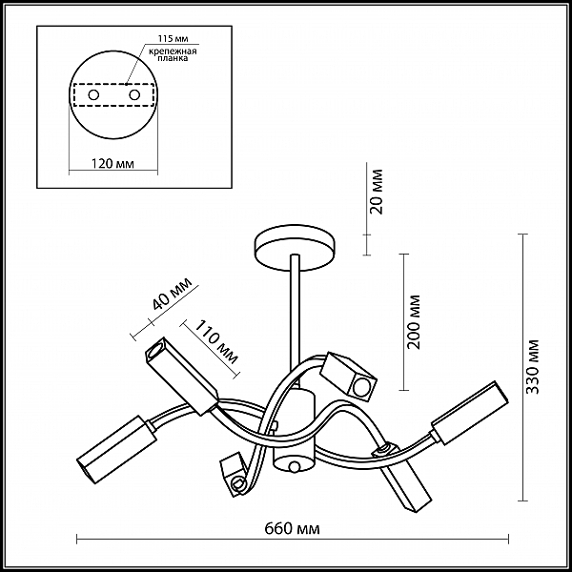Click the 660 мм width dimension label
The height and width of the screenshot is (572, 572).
[x=292, y=528]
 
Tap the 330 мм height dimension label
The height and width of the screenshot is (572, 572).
[x=533, y=367]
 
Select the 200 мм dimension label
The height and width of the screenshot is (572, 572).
[x=415, y=322]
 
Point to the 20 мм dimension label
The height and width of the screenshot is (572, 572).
[x=378, y=192]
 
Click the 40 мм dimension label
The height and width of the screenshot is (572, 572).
[x=172, y=293]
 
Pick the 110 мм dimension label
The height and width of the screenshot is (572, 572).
[x=216, y=342]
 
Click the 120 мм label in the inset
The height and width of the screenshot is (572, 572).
[x=112, y=163]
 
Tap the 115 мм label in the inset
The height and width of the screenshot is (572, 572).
[x=173, y=38]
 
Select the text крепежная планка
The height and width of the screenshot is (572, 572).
[x=173, y=54]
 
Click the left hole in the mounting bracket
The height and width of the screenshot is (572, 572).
[x=93, y=95]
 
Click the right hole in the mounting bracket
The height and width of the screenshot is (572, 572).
[x=134, y=95]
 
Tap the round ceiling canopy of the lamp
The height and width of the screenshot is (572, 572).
[x=295, y=248]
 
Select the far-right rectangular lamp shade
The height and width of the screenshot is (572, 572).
[x=470, y=413]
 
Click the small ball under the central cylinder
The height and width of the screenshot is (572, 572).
[x=294, y=466]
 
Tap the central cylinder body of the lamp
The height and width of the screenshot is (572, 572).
[x=294, y=431]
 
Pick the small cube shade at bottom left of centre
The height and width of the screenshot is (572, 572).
[x=234, y=474]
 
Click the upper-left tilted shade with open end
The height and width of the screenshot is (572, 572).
[x=181, y=376]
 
